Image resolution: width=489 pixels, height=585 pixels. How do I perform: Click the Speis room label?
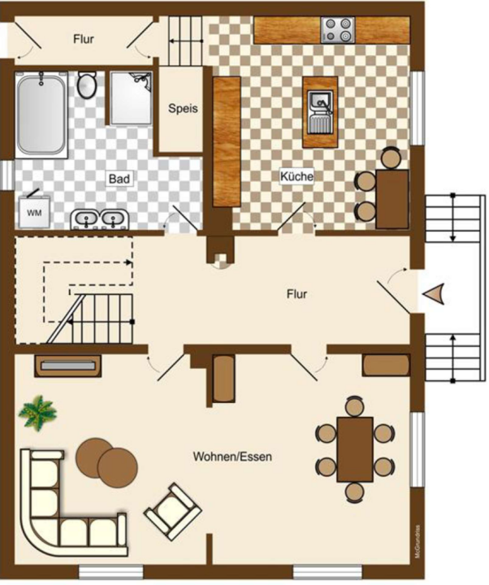tap(183, 109)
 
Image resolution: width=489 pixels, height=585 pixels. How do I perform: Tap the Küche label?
tap(297, 175)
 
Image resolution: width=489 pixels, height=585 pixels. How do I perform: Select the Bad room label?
tap(119, 179)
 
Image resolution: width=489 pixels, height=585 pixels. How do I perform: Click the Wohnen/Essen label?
tap(232, 457)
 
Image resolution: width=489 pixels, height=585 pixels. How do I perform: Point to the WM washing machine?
tap(34, 211)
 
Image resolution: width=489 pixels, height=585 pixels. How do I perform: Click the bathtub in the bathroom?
tap(41, 115)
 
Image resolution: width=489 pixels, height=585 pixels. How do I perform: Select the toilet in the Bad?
tap(87, 84)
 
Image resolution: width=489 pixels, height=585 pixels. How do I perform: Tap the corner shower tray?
tap(131, 98)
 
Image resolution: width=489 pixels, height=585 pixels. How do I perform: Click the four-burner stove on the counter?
tap(338, 29)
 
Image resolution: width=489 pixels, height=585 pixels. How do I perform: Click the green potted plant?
tap(37, 413)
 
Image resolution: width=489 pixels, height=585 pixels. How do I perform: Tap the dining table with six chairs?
tap(355, 449)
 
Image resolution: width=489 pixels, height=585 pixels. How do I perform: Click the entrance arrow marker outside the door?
tap(434, 293)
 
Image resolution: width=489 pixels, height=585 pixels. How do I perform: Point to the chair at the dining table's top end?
tap(355, 407)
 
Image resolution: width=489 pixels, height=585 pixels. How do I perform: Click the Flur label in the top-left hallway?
tap(84, 39)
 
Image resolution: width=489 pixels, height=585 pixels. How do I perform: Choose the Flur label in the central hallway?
tap(297, 294)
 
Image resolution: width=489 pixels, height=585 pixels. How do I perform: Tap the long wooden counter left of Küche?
tap(227, 141)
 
